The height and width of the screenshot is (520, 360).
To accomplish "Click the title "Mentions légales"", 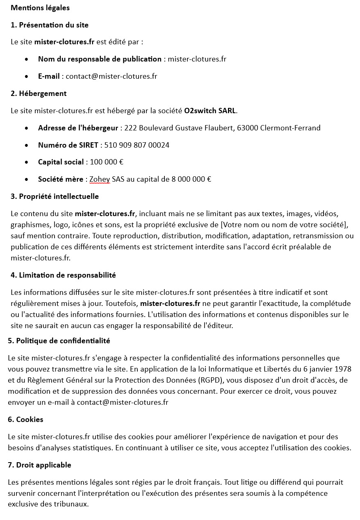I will pos(40,8).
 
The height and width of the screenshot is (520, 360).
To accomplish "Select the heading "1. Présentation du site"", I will pos(50,25).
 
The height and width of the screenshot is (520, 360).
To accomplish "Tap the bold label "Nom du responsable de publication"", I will pos(100,59).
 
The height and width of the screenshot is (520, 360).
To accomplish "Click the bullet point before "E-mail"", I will pos(27,77).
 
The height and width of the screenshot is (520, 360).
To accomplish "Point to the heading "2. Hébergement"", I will pos(39,94).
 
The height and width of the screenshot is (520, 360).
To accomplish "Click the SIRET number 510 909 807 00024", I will pos(137,145).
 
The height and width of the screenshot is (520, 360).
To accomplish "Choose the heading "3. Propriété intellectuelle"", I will pos(55,196).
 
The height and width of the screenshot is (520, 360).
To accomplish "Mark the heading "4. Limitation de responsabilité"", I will pos(63,275).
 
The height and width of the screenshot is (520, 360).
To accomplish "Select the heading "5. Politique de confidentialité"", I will pos(59,341).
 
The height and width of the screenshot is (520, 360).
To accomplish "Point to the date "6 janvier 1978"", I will pos(328,369).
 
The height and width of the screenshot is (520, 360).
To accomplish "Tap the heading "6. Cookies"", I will pos(25,420).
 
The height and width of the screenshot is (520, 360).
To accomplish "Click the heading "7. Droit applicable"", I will pos(39,465).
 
